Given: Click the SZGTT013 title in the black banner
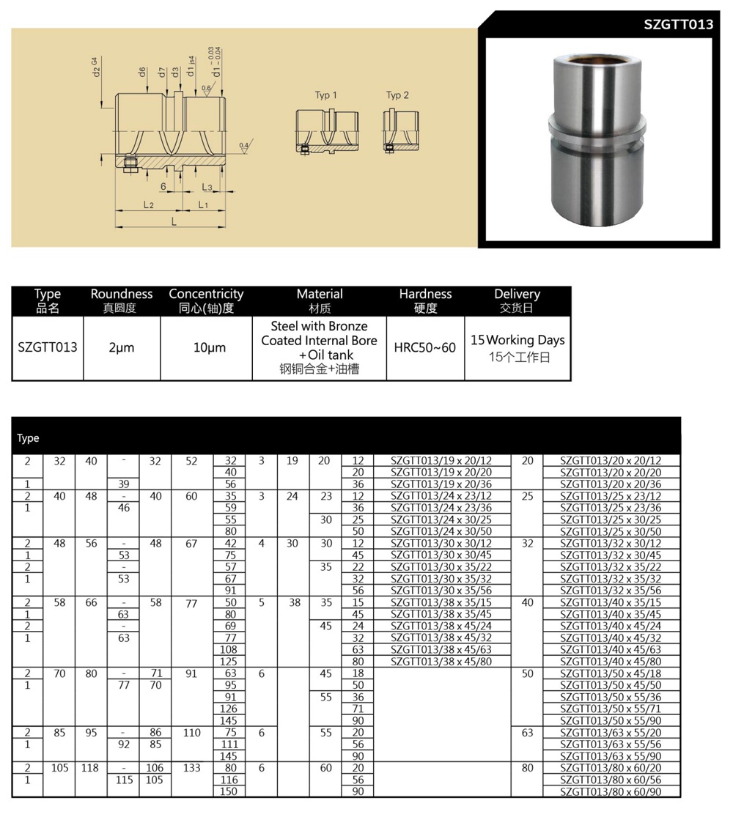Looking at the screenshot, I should coord(678,24).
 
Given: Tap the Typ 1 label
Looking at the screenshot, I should coord(326,95).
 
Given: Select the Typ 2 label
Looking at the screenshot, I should coord(397,95).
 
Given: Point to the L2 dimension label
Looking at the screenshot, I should coord(148,205).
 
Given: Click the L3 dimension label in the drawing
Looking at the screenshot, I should coord(207,188).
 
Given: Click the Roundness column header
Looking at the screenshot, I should coord(121,294).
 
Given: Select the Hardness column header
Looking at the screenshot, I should coord(425,294).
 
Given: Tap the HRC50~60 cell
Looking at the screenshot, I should coord(425,347).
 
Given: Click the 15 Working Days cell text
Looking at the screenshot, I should coord(517,340).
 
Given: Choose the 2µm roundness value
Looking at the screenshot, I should coord(121,348).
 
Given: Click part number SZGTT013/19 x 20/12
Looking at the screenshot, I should coord(441,461).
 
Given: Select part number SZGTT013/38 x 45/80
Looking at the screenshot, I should coord(441,662).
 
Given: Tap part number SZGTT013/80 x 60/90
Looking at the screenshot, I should coord(611,791).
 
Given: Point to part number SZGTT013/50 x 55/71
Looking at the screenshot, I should coord(611,709).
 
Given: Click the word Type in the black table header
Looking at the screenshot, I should coord(28,438).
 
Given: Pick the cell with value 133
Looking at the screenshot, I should coord(191,768).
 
